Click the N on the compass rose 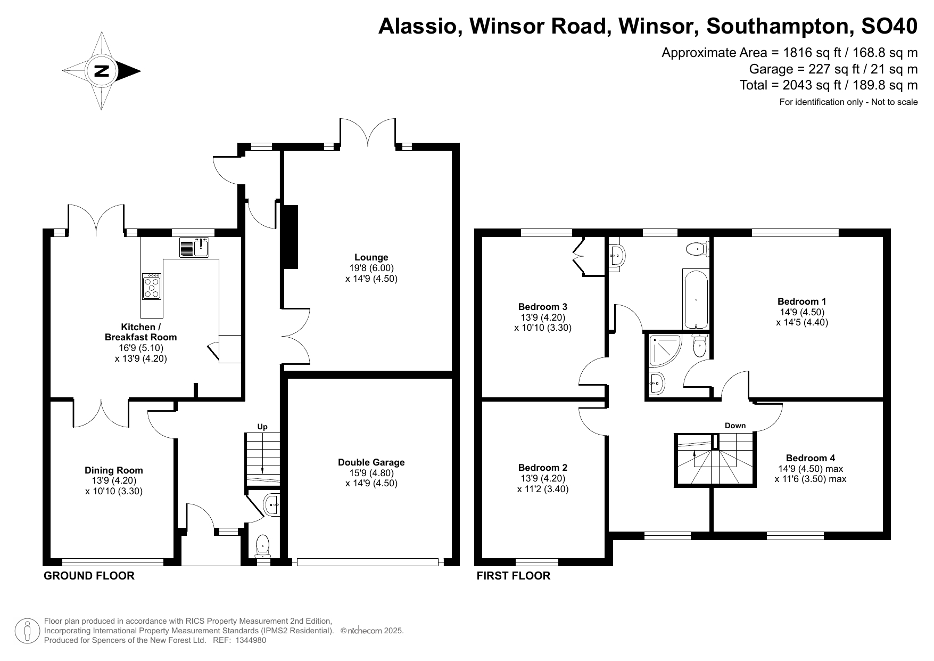pos(101,71)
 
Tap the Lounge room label pos(371,257)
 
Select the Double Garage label pos(371,462)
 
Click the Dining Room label pos(114,470)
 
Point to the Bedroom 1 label pos(802,301)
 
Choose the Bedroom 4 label pos(811,458)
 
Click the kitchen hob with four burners pos(152,286)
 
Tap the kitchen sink pos(195,247)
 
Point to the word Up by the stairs pos(262,427)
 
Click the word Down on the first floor pos(735,426)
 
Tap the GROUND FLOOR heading pos(89,576)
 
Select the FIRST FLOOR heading pos(513,576)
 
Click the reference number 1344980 pos(250,640)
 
